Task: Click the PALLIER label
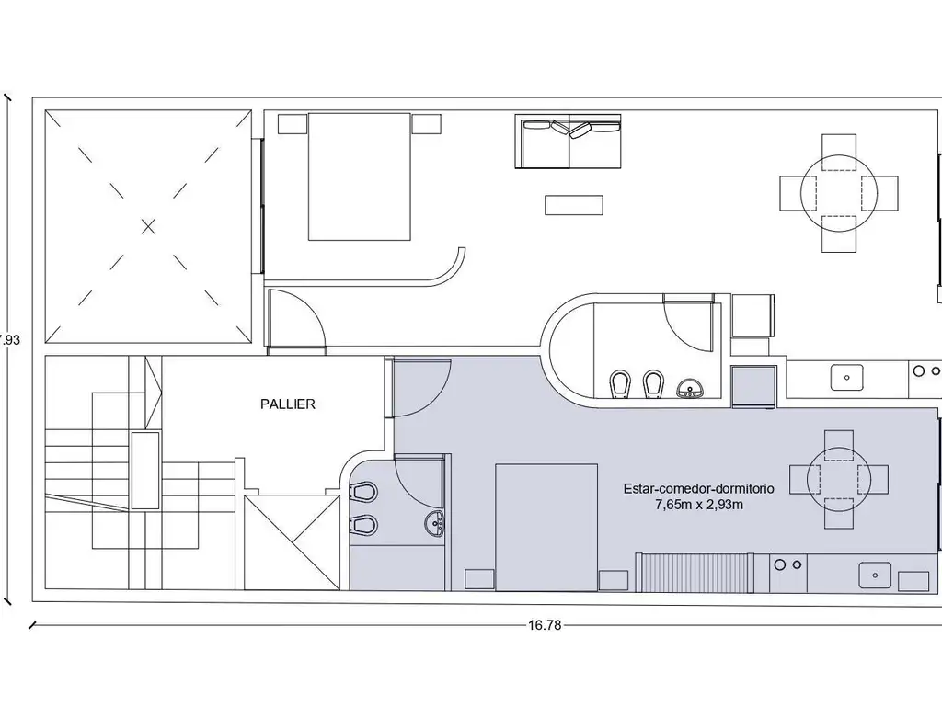(x=288, y=404)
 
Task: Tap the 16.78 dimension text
(x=545, y=625)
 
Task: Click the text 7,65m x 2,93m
(x=699, y=505)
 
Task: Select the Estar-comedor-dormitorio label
(x=699, y=489)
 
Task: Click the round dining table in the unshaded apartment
(x=839, y=193)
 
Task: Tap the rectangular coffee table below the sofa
(x=574, y=205)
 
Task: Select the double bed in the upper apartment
(x=360, y=176)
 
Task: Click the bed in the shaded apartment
(x=546, y=527)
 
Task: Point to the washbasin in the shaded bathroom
(x=434, y=523)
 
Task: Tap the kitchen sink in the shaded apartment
(x=875, y=575)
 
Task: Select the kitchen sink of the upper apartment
(x=847, y=378)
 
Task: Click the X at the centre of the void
(x=148, y=227)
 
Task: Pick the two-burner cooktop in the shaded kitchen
(x=788, y=565)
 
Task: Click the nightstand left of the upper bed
(x=293, y=124)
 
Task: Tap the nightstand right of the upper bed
(x=426, y=124)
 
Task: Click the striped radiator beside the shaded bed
(x=695, y=573)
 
